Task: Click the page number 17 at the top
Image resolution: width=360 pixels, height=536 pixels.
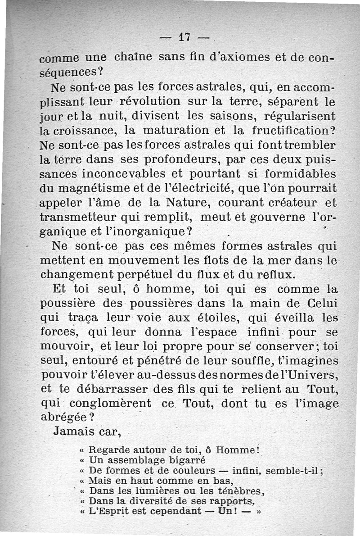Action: pos(183,38)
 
